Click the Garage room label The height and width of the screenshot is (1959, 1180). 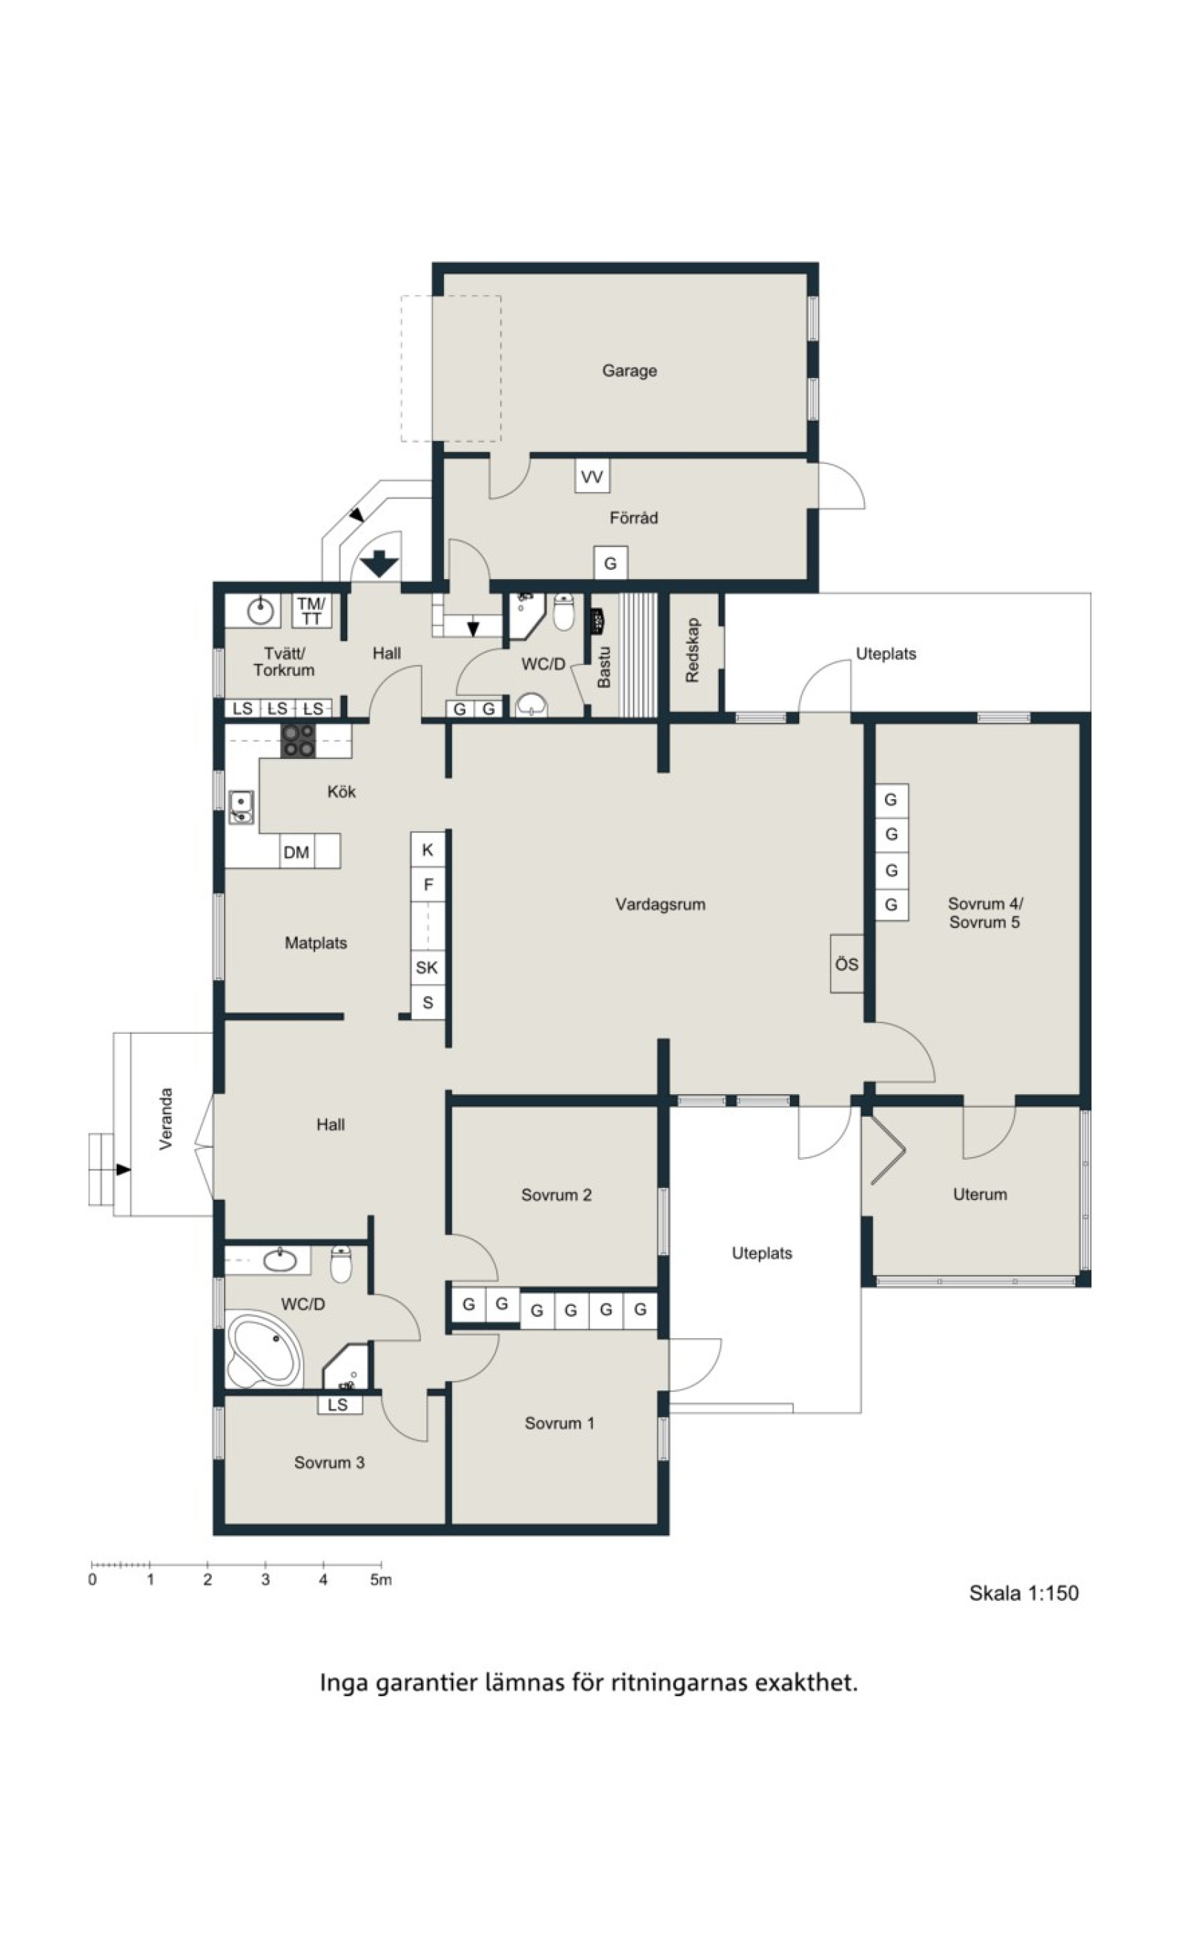click(629, 370)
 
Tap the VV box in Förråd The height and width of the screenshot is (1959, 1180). click(591, 476)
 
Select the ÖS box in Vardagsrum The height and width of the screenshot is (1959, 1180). click(847, 964)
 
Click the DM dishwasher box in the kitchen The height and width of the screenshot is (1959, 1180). click(296, 851)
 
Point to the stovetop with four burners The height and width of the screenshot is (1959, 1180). click(298, 740)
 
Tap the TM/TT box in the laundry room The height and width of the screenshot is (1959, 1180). click(311, 611)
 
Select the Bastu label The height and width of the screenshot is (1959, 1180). click(604, 667)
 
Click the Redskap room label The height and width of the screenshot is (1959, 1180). click(692, 650)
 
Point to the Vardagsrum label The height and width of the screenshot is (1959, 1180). click(660, 904)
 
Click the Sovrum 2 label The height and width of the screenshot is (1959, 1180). click(556, 1195)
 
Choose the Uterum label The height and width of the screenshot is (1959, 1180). click(980, 1194)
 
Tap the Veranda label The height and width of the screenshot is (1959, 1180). click(165, 1119)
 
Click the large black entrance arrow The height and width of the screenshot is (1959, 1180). click(379, 563)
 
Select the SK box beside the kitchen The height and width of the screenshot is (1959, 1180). click(427, 967)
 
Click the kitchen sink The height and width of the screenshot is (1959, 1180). click(241, 806)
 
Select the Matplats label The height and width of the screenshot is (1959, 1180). click(316, 943)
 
